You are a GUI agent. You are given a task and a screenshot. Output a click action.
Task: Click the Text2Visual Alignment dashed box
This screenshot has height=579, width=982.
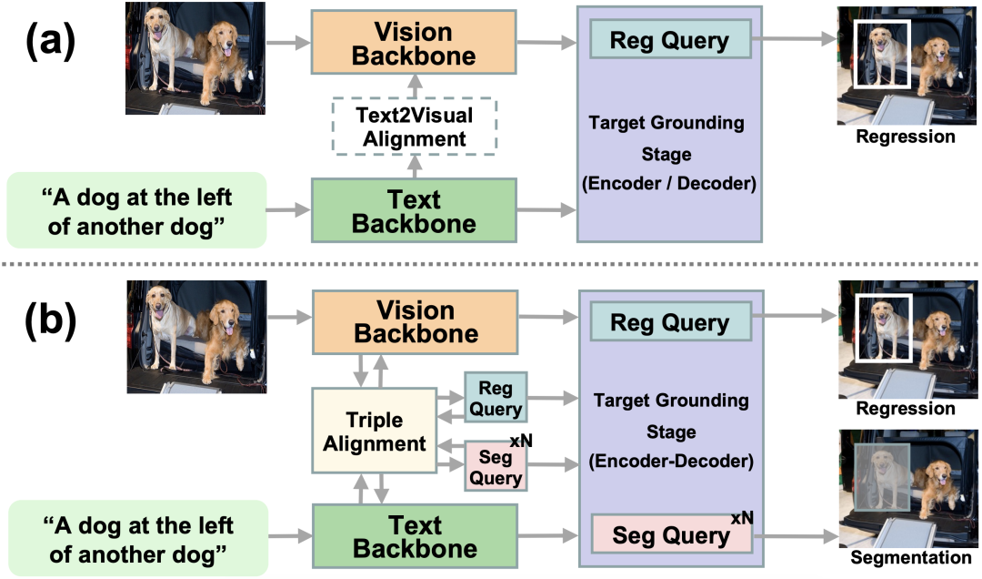415,125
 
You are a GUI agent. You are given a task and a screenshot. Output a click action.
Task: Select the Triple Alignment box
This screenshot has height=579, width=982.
374,431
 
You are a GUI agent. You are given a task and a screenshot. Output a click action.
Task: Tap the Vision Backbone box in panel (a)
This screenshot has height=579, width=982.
415,45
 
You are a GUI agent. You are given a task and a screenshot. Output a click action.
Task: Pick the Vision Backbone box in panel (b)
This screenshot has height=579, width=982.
415,321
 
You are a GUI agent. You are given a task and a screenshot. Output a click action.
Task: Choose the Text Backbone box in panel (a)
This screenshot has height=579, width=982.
415,211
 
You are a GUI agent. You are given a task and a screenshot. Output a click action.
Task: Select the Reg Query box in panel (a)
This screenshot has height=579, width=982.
669,41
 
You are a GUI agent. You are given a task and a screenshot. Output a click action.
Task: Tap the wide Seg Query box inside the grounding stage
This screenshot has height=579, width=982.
671,535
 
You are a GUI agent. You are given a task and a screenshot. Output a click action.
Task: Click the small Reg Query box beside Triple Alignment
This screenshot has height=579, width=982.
496,396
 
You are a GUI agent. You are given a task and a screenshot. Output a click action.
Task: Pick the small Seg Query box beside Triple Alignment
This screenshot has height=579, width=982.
496,466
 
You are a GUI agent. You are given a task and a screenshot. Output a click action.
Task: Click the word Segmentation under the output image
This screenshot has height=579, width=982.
909,558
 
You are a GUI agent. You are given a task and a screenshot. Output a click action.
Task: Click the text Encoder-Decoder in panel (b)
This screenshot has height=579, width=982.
670,462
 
